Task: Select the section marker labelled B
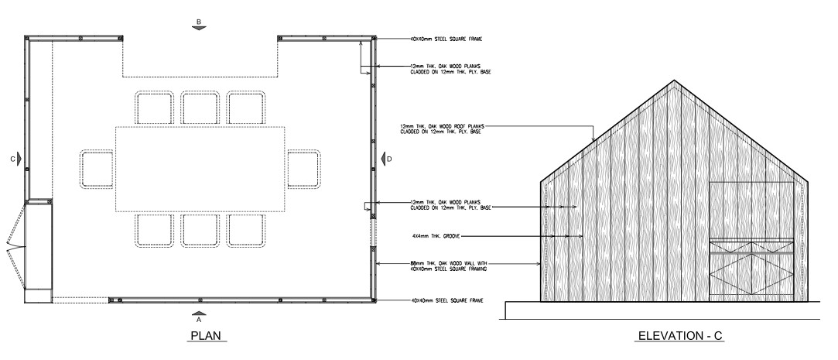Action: (x=199, y=23)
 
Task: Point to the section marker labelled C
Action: (x=16, y=158)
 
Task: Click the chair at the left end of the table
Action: (x=97, y=168)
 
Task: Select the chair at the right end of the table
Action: (x=303, y=168)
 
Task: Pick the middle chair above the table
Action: (x=199, y=107)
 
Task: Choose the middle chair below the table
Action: (x=199, y=230)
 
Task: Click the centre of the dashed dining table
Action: (x=200, y=169)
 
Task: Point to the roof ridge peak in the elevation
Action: (x=675, y=81)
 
